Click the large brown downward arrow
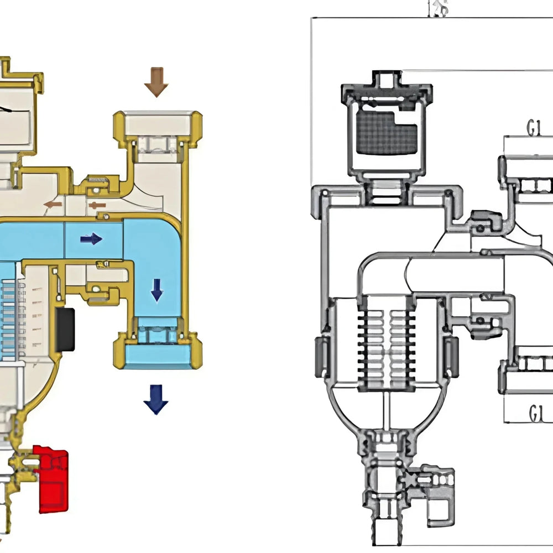point(156,81)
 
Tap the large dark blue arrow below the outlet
point(155,399)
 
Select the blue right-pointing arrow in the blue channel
point(91,239)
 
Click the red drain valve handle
point(53,479)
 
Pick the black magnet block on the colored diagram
point(65,328)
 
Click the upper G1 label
point(533,129)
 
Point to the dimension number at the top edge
point(438,8)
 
